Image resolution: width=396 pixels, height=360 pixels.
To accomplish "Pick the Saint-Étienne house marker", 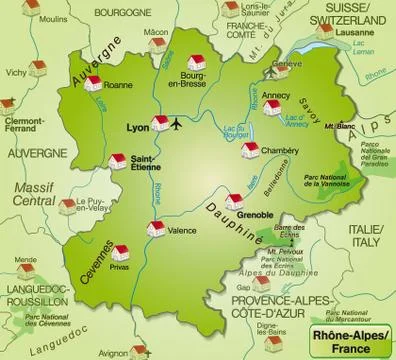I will tap(116, 161).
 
